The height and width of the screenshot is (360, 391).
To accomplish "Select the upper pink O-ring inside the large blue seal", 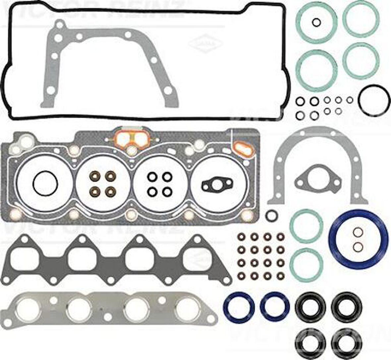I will pos(358,232).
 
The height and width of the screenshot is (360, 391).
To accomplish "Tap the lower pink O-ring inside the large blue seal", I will pos(358,246).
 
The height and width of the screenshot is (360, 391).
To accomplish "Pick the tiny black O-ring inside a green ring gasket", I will pos(316,23).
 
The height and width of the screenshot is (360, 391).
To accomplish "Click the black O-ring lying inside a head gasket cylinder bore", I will pos(45,183).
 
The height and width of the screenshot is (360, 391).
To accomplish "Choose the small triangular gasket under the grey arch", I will pos(317,178).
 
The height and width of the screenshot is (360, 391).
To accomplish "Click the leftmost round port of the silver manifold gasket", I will pos(29,309).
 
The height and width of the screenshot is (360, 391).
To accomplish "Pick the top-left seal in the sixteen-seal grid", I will pos(241,237).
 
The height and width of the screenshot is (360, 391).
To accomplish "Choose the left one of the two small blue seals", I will pos(239,306).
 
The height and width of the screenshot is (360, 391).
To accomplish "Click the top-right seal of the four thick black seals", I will pos(347,306).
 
